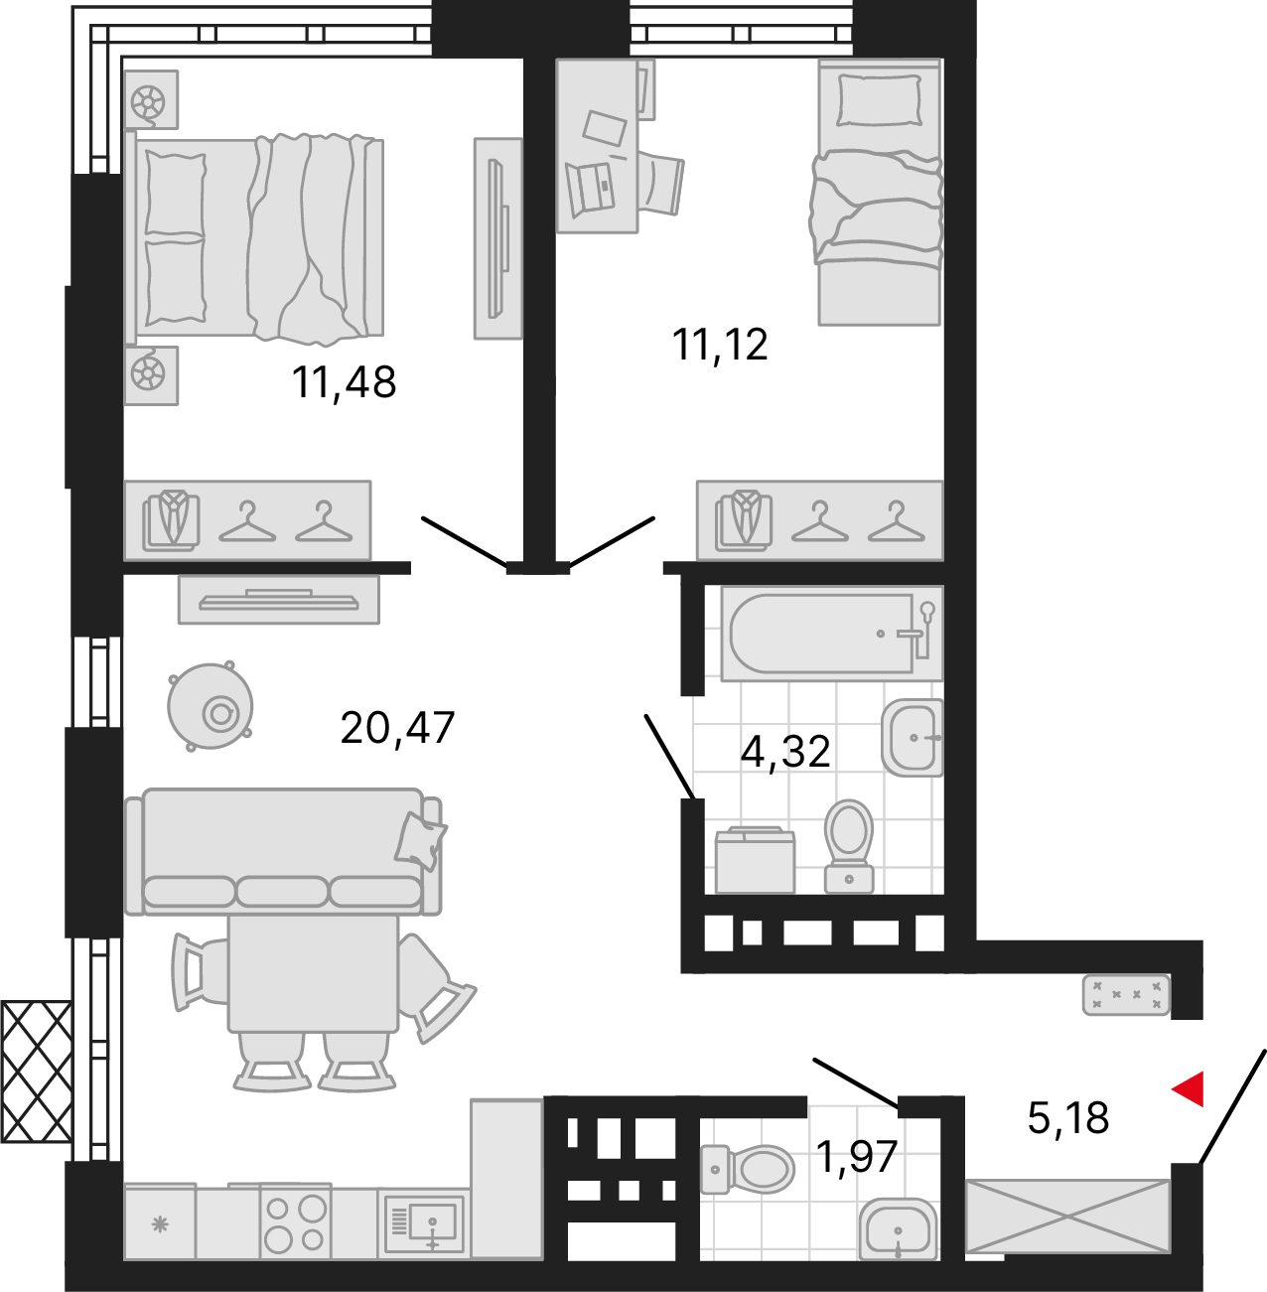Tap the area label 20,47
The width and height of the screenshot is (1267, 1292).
(x=397, y=729)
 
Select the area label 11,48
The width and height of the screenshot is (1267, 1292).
(x=344, y=383)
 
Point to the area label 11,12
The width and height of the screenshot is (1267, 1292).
(x=719, y=346)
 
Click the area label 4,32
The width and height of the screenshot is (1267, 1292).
(x=785, y=752)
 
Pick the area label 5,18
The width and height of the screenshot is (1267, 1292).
(x=1067, y=1118)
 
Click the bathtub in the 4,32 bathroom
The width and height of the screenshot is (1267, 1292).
(x=832, y=633)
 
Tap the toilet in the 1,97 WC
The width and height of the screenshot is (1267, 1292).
(x=748, y=1170)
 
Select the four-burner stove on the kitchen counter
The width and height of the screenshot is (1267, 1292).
(x=295, y=1222)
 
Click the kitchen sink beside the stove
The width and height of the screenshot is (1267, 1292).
(x=424, y=1223)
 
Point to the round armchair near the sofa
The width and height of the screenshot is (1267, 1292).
(x=210, y=706)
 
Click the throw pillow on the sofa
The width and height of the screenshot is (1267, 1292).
(x=420, y=837)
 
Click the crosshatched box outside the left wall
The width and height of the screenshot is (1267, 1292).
(x=36, y=1071)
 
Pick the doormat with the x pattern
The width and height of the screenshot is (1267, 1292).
(x=1126, y=994)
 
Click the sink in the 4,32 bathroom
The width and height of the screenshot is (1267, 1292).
(x=913, y=738)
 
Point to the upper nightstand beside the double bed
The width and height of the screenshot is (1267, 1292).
(x=152, y=99)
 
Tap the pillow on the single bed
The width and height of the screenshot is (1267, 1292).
(x=879, y=100)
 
